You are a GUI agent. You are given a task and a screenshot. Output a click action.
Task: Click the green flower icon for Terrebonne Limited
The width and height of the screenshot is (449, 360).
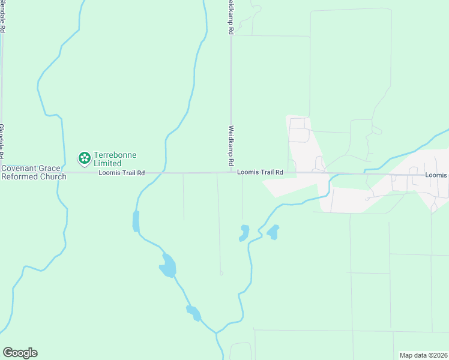click(85, 158)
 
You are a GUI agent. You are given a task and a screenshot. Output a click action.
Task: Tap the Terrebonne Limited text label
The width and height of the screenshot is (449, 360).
click(115, 159)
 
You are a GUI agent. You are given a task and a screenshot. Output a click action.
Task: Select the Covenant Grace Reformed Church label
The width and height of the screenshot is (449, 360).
click(34, 173)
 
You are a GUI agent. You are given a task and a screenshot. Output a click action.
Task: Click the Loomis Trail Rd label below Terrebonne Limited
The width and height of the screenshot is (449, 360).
click(122, 173)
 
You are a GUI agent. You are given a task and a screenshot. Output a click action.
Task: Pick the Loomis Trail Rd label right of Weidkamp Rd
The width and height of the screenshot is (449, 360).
click(259, 172)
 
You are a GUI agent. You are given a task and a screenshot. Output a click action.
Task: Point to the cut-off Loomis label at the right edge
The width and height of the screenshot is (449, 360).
click(436, 175)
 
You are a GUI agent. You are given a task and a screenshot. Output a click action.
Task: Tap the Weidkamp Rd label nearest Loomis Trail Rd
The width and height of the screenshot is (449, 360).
click(231, 146)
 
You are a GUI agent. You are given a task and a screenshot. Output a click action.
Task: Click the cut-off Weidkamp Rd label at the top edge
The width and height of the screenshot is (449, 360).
click(231, 17)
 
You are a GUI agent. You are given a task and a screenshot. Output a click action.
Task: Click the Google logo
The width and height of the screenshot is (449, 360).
click(20, 353)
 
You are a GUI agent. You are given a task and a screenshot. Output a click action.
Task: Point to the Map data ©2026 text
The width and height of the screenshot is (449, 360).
click(423, 355)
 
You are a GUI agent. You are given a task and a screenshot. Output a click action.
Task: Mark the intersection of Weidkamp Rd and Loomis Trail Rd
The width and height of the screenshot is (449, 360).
click(231, 173)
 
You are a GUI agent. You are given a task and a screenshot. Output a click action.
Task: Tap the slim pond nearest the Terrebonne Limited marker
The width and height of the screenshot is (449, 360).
click(136, 221)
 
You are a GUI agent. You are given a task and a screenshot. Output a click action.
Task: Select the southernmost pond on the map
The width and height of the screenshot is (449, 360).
click(193, 313)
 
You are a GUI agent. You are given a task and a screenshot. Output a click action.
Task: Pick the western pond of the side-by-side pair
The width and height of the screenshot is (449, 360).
click(244, 233)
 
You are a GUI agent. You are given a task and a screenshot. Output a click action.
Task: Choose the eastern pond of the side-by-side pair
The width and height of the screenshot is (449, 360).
click(273, 232)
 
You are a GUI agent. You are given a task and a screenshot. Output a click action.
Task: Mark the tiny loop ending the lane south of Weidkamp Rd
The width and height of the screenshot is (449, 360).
click(221, 274)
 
